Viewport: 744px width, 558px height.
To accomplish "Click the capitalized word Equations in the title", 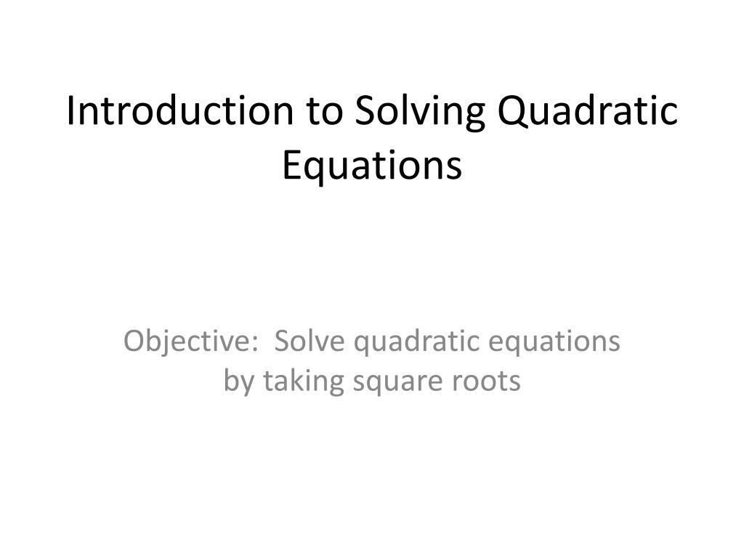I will [x=371, y=166].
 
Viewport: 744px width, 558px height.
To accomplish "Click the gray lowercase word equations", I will [x=560, y=342].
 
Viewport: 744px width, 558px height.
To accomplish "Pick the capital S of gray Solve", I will [x=283, y=341].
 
